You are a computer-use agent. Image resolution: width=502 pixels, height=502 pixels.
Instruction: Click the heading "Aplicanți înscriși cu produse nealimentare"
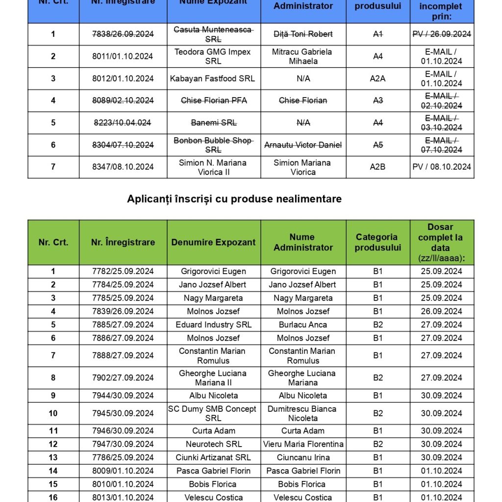point(234,199)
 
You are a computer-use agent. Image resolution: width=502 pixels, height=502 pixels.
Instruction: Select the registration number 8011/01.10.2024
point(123,56)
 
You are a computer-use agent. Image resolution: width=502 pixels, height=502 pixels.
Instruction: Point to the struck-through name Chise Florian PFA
point(214,100)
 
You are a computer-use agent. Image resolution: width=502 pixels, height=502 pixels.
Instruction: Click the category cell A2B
point(377,167)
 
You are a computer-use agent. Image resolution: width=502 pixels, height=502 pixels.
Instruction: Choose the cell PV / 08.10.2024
point(442,167)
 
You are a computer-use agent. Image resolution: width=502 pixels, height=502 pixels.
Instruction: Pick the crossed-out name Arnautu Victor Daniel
point(303,145)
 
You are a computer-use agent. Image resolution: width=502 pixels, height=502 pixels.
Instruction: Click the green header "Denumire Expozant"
point(213,242)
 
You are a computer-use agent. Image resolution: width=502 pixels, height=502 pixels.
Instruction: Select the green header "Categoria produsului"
point(377,242)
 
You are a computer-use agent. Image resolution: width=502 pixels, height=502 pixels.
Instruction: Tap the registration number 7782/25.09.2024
point(123,272)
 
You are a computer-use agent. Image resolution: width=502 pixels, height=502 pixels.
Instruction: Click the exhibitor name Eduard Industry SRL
point(214,325)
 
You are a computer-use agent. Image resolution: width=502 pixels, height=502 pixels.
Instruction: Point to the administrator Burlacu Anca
point(303,325)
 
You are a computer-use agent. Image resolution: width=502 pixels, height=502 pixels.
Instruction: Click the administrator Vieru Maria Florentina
point(303,444)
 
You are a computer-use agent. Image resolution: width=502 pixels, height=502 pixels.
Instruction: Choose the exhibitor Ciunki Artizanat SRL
point(213,457)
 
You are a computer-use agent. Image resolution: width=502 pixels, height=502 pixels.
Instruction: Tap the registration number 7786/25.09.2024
point(123,457)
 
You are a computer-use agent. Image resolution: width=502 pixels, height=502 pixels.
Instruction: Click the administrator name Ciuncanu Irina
point(303,457)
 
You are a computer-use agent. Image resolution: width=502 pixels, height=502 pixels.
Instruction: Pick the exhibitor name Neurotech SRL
point(214,444)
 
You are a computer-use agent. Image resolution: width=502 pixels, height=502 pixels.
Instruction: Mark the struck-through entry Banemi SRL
point(214,123)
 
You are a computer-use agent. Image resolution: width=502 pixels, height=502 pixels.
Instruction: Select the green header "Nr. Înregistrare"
point(123,242)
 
